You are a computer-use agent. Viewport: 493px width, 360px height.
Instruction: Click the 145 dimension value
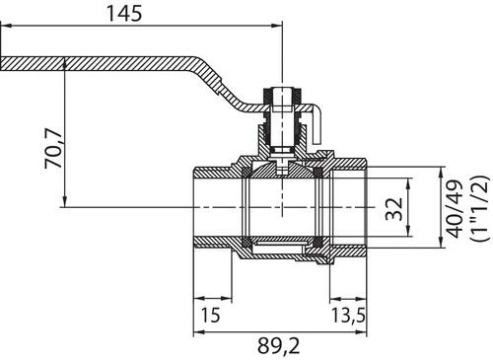pos(124,14)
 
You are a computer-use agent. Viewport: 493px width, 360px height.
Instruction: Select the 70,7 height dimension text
pos(53,149)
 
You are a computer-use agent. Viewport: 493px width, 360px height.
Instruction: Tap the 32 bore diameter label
pos(394,209)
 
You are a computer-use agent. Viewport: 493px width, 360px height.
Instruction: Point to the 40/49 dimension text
pos(456,209)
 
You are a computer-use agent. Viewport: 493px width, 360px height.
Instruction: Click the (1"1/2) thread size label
pos(479,209)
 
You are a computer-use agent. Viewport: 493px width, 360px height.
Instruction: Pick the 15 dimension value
pos(210,315)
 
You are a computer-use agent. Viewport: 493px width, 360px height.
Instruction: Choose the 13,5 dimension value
pos(348,315)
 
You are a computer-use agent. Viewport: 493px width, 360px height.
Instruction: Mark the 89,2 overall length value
pos(278,346)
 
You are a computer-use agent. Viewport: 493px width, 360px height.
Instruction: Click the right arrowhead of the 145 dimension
pos(277,26)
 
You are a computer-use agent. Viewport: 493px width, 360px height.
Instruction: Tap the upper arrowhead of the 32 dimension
pos(408,183)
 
